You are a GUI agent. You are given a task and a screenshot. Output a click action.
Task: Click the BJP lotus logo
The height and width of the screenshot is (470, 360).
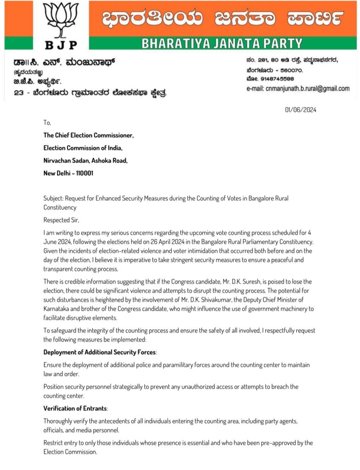61,20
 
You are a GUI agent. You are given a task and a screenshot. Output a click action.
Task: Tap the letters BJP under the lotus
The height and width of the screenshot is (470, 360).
61,45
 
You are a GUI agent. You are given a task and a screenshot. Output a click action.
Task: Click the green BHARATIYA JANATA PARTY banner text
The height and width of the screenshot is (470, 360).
222,44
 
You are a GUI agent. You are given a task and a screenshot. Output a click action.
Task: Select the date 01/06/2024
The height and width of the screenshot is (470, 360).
301,110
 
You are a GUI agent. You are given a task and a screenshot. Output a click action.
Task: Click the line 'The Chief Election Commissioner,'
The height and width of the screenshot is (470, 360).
89,135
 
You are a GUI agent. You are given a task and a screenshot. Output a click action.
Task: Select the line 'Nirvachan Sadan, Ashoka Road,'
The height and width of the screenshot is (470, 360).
85,161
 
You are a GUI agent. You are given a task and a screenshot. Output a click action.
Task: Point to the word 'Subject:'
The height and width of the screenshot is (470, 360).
53,199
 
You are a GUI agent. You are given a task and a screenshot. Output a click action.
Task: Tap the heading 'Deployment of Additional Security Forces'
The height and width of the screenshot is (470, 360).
100,352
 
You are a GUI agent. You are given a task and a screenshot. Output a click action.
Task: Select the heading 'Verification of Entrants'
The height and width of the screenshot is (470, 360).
75,408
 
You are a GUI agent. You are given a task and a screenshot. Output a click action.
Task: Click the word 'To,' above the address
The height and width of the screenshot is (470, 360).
47,123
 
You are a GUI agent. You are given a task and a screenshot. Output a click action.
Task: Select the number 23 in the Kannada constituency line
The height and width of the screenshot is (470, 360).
19,93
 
